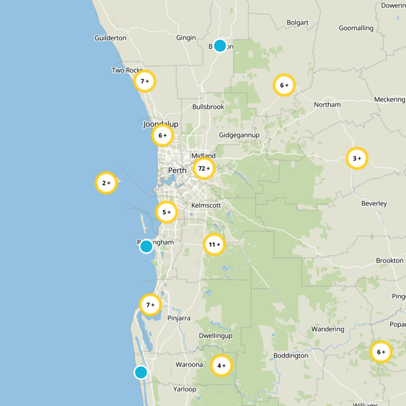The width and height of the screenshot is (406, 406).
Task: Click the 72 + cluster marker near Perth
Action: pos(204,168)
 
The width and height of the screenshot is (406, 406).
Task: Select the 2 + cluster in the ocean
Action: pos(107,183)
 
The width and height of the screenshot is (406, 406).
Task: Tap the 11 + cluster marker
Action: pos(214,245)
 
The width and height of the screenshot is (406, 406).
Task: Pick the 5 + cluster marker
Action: pos(166,212)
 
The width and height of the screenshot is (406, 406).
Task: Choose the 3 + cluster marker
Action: pos(357,158)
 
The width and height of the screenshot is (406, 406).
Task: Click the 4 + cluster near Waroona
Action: pos(221,365)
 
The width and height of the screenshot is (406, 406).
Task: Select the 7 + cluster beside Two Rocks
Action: pos(145,81)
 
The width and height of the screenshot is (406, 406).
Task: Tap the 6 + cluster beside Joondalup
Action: pos(162,136)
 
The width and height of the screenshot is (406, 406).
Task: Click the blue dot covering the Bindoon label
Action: pos(220,46)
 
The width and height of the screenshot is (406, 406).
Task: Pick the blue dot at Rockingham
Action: pos(146,247)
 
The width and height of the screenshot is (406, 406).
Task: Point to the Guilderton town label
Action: pos(110,38)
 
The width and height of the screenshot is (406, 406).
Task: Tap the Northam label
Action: pos(327,105)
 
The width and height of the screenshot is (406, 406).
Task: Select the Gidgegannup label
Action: pos(239,135)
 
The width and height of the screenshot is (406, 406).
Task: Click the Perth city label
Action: pos(177,171)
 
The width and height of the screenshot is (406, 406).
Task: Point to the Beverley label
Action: pos(374,204)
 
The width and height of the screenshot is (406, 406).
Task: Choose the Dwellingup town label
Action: pos(215,336)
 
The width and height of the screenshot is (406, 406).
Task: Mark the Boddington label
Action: pos(290,356)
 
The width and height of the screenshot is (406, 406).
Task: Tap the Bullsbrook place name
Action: pos(208,107)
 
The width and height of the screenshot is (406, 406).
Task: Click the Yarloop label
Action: pos(185,389)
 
